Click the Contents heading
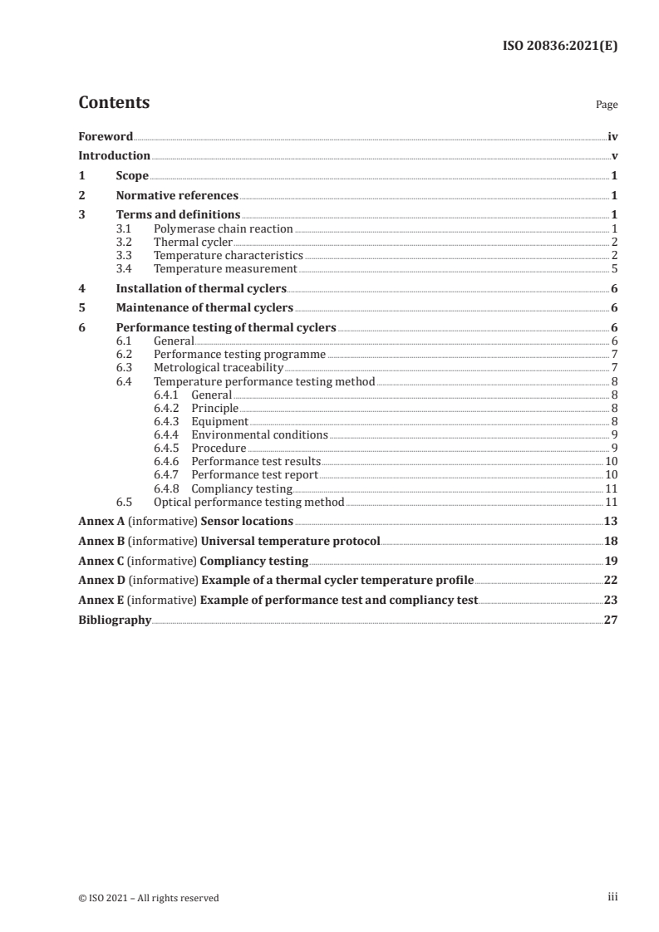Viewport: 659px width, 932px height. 114,103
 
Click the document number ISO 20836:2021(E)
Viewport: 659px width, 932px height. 561,47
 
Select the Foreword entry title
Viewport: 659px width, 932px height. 106,136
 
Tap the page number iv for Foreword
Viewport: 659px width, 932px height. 612,136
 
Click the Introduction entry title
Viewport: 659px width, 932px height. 114,156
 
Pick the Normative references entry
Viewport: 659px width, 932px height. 177,196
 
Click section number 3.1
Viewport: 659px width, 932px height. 124,228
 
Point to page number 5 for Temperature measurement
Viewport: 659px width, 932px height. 615,268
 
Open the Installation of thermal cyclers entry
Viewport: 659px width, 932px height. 201,288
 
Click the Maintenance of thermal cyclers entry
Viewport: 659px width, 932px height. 204,308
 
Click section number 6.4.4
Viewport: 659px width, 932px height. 166,434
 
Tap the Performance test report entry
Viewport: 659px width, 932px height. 255,475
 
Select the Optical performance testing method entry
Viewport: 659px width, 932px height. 248,502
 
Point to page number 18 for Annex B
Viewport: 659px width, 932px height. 611,542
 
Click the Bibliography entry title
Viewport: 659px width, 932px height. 115,620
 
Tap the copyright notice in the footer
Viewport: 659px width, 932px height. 148,898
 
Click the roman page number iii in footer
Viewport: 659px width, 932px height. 612,897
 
